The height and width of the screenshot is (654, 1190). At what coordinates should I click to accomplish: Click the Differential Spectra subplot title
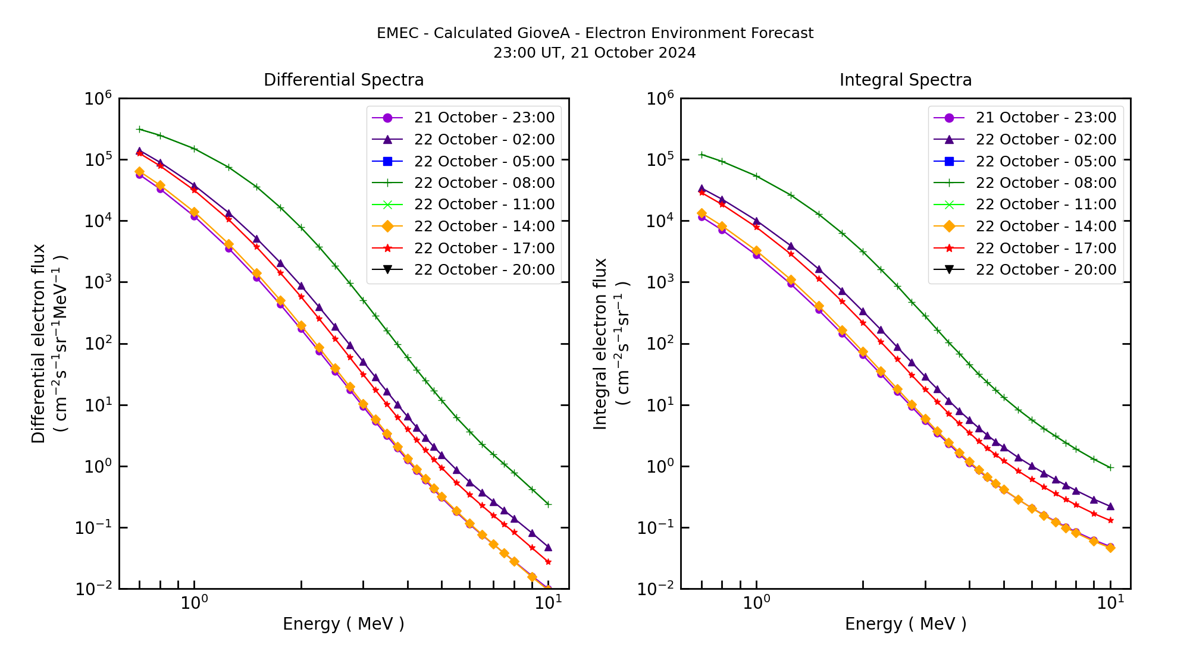pyautogui.click(x=343, y=80)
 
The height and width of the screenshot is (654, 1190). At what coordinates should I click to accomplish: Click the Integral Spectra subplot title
pyautogui.click(x=905, y=80)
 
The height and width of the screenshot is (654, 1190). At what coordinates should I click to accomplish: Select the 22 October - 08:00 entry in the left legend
pyautogui.click(x=484, y=183)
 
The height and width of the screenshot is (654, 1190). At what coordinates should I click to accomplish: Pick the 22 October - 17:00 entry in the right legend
pyautogui.click(x=1045, y=249)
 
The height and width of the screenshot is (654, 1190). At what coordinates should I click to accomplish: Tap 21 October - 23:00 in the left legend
pyautogui.click(x=484, y=118)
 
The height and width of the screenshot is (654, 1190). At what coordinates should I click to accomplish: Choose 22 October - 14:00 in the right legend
pyautogui.click(x=1045, y=227)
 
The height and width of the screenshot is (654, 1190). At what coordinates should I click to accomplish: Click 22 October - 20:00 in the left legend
pyautogui.click(x=484, y=270)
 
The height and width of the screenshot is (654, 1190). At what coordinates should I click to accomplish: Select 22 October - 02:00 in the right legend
pyautogui.click(x=1045, y=140)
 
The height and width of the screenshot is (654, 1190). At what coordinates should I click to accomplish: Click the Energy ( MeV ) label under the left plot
pyautogui.click(x=343, y=624)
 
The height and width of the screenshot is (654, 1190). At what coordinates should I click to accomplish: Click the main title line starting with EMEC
pyautogui.click(x=595, y=33)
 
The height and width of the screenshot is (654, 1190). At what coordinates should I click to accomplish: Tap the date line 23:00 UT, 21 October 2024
pyautogui.click(x=595, y=53)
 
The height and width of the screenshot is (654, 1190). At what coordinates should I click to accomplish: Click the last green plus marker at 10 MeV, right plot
pyautogui.click(x=1110, y=467)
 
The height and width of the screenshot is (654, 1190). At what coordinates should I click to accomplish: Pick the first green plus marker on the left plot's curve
pyautogui.click(x=139, y=129)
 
